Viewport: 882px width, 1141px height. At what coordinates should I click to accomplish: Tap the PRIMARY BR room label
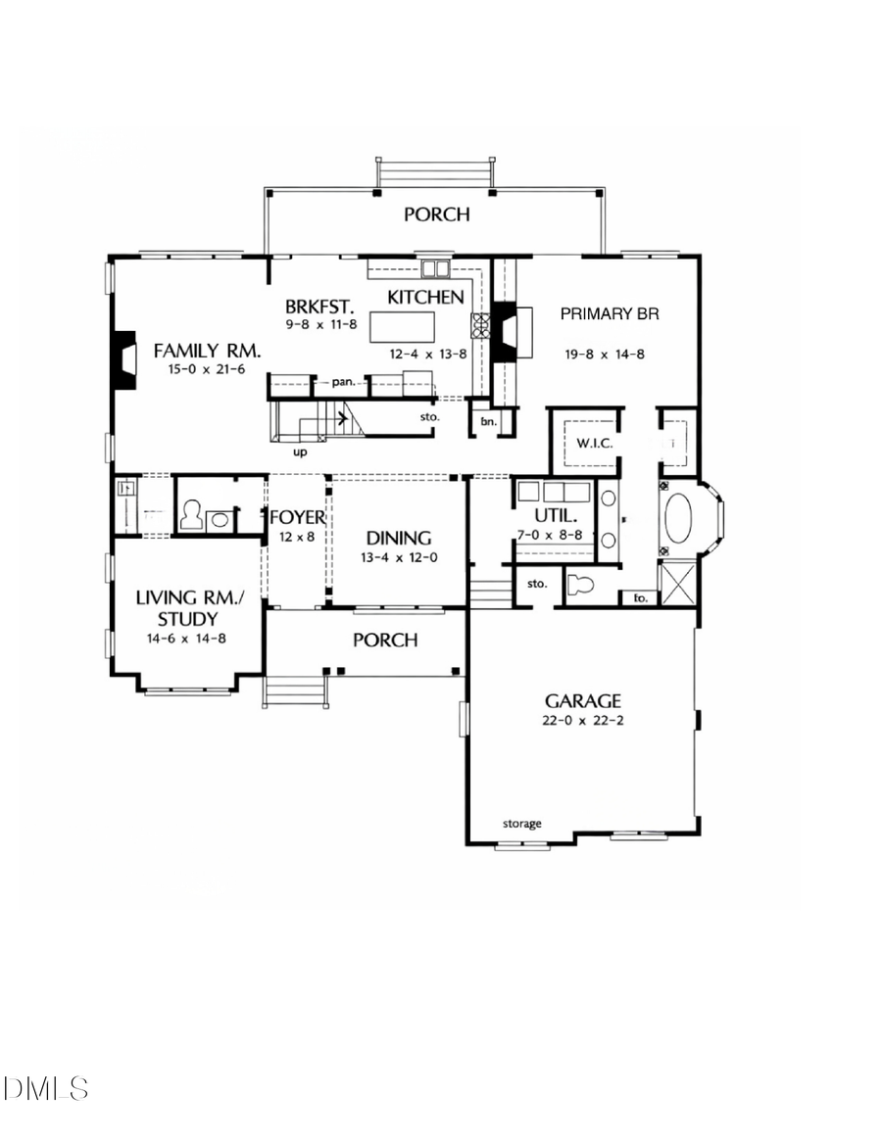[609, 314]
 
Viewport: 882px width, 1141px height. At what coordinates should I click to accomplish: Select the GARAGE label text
[583, 700]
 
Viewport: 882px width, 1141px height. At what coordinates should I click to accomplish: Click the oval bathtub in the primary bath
[678, 518]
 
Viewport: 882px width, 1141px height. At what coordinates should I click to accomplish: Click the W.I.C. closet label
[595, 444]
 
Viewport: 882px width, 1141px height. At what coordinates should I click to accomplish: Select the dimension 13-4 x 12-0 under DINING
[399, 558]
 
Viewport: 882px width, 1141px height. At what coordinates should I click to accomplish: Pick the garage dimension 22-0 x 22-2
[583, 722]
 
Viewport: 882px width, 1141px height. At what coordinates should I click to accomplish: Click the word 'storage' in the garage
[522, 824]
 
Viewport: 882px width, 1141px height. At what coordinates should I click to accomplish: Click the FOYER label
[297, 517]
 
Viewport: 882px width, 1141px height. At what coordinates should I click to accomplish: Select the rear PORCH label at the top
[437, 214]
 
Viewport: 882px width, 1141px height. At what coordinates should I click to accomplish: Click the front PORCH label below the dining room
[385, 641]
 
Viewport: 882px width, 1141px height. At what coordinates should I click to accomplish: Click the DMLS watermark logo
[46, 1087]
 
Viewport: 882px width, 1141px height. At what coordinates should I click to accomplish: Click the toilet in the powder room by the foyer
[191, 516]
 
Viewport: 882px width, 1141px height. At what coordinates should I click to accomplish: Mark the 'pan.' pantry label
[341, 382]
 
